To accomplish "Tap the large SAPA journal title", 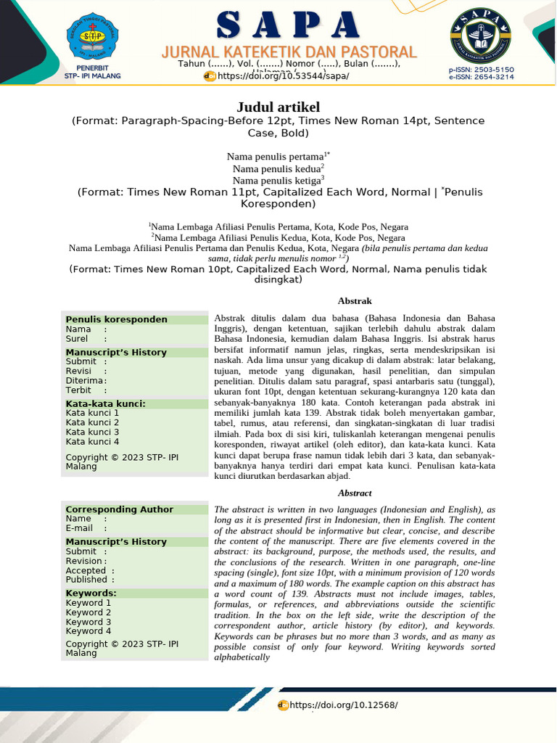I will pos(289,26).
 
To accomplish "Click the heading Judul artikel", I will pos(278,107).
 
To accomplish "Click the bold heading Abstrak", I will pos(355,300).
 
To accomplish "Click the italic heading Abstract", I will pos(355,493).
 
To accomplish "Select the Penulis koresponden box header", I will pos(117,319).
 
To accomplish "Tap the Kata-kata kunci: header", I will pos(106,403).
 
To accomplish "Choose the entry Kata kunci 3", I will pos(92,432).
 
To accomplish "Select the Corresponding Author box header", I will pos(120,509).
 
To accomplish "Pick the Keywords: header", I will pos(91,593).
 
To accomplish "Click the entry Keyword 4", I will pos(88,631).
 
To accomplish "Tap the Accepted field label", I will pos(86,570).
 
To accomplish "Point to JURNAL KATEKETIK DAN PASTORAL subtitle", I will pos(289,52).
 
